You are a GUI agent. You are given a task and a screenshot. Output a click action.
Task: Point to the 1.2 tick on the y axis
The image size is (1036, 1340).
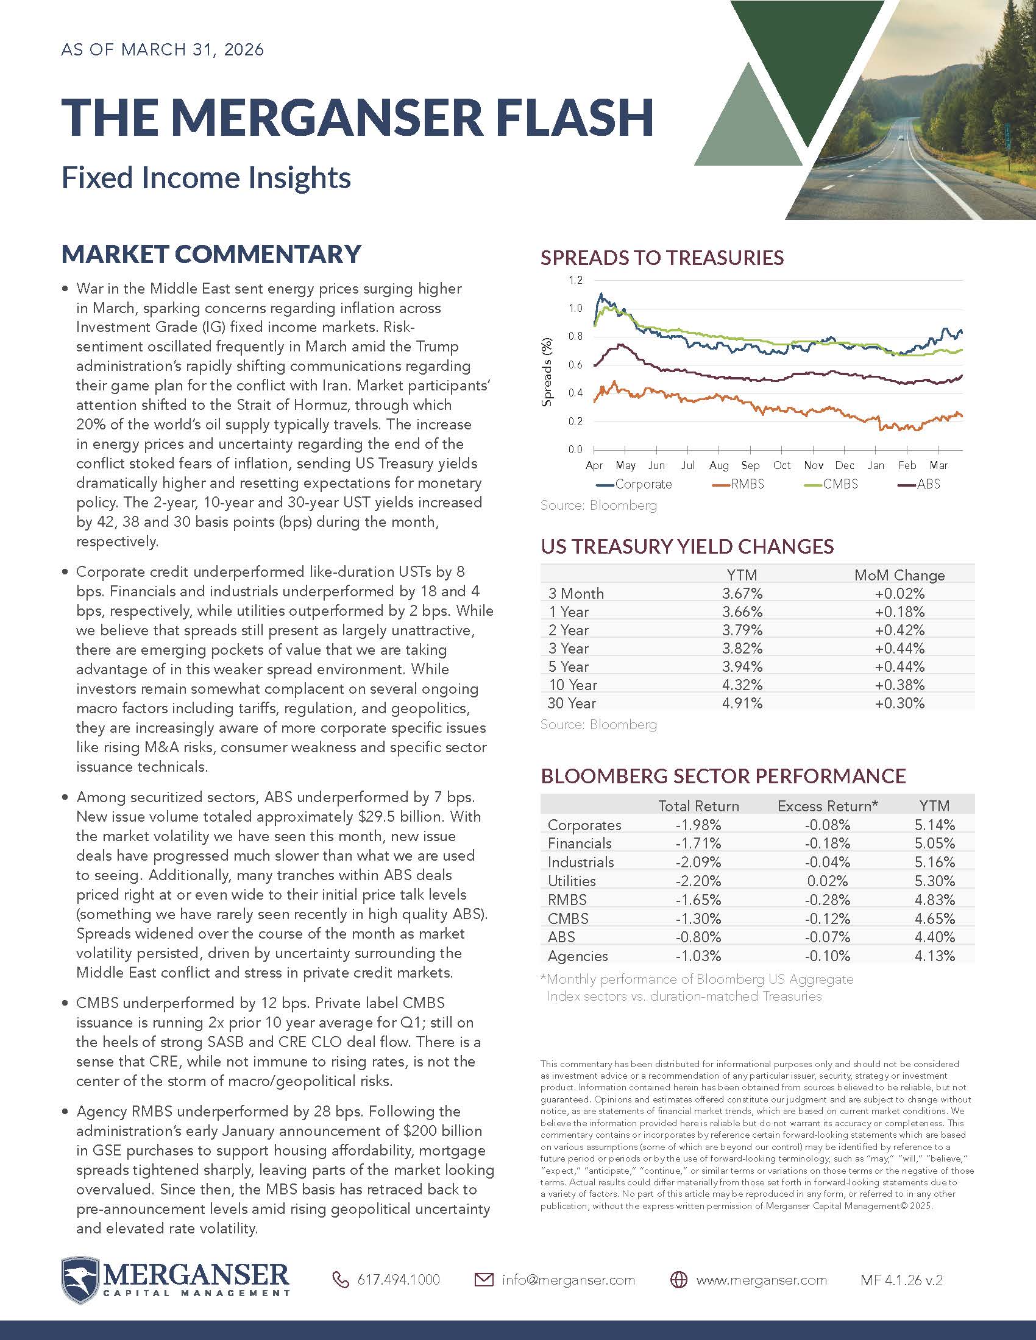click(575, 280)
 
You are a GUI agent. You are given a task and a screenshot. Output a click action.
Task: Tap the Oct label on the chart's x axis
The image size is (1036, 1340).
click(782, 465)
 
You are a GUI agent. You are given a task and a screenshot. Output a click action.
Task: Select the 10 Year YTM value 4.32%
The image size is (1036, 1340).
click(742, 685)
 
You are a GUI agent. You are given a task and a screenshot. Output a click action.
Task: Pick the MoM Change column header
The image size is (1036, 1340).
click(899, 576)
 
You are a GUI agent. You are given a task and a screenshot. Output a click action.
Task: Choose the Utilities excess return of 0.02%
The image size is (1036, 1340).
click(828, 881)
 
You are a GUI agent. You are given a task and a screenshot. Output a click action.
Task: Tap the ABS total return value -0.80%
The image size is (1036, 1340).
click(698, 937)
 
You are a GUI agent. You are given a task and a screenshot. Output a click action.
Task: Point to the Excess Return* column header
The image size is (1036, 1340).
click(828, 806)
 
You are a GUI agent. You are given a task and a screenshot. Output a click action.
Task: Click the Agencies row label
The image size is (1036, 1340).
click(578, 956)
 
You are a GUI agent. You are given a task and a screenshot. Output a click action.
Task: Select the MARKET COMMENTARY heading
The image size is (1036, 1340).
click(211, 255)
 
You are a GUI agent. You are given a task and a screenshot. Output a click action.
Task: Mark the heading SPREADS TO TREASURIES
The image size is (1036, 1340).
click(662, 258)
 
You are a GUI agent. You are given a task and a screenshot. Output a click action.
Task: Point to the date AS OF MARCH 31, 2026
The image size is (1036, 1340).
click(163, 50)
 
